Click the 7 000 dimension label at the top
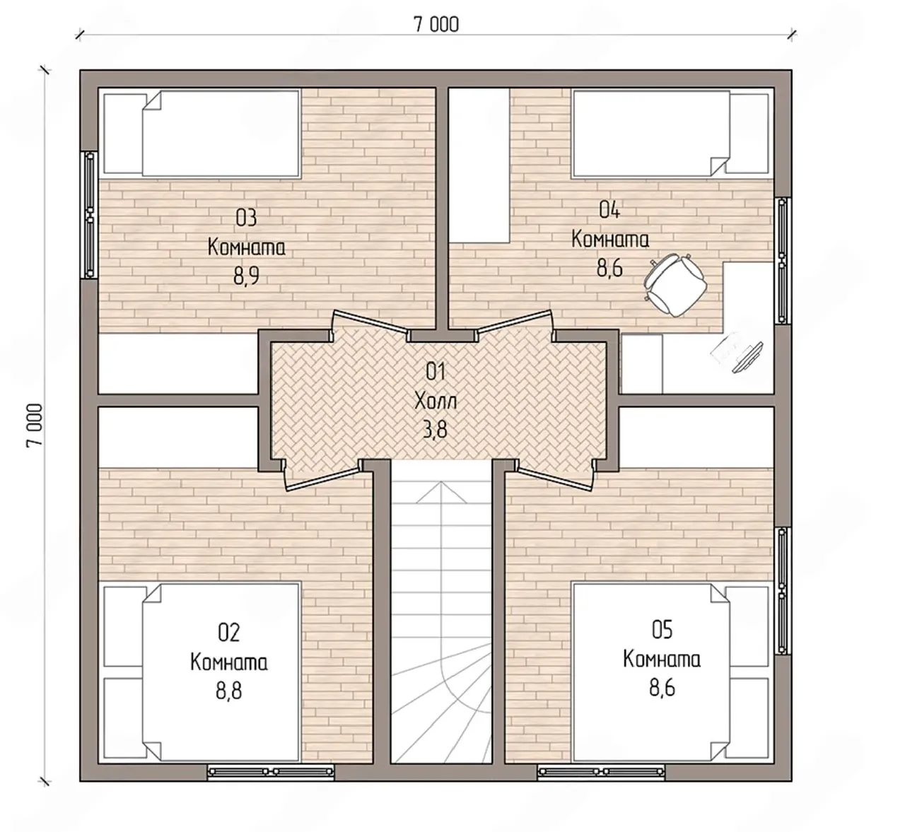click(x=436, y=24)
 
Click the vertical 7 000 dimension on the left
click(x=35, y=425)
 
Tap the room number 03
click(x=246, y=218)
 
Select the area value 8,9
click(x=246, y=275)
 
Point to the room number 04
click(x=609, y=210)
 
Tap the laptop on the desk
click(x=737, y=353)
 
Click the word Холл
click(x=436, y=401)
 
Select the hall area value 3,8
click(x=436, y=429)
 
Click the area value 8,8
click(x=229, y=690)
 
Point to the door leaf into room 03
click(x=370, y=321)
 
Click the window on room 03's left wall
click(x=90, y=214)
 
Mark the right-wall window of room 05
click(x=783, y=591)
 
